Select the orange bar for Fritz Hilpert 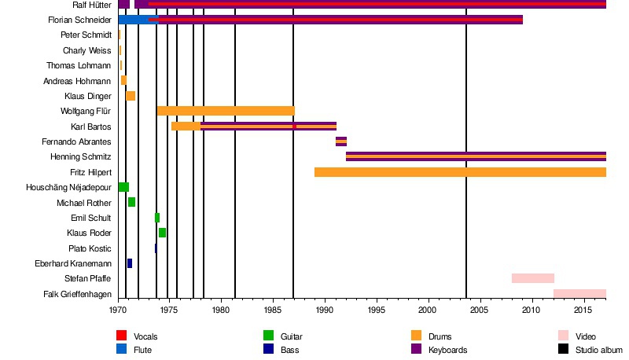pyautogui.click(x=460, y=172)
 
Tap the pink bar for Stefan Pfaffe pyautogui.click(x=533, y=278)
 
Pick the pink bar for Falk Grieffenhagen pyautogui.click(x=579, y=294)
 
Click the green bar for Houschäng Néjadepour pyautogui.click(x=123, y=187)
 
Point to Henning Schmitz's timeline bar pyautogui.click(x=476, y=156)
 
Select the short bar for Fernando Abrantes pyautogui.click(x=341, y=141)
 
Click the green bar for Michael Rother pyautogui.click(x=131, y=202)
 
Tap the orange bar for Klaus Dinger pyautogui.click(x=131, y=96)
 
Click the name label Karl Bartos pyautogui.click(x=91, y=127)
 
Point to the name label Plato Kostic pyautogui.click(x=90, y=248)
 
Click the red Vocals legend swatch pyautogui.click(x=122, y=336)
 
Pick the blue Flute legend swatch pyautogui.click(x=122, y=349)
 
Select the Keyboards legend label pyautogui.click(x=447, y=350)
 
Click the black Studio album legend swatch pyautogui.click(x=564, y=349)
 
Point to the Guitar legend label pyautogui.click(x=291, y=336)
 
